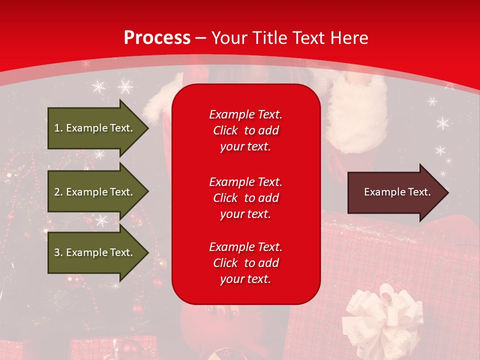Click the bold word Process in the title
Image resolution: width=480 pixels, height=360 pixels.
click(157, 38)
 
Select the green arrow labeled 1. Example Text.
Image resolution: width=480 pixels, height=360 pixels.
click(95, 128)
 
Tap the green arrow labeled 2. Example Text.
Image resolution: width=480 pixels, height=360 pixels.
click(95, 192)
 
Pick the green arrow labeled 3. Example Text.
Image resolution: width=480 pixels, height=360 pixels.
click(95, 252)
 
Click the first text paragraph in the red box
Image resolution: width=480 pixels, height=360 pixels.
click(245, 130)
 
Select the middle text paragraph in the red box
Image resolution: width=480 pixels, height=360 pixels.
click(245, 198)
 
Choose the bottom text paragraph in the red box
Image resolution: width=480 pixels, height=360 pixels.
click(245, 263)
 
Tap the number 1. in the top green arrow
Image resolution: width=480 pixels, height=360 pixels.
click(58, 128)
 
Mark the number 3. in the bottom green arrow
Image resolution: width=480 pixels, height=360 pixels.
click(58, 252)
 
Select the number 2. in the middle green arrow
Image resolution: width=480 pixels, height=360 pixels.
click(58, 192)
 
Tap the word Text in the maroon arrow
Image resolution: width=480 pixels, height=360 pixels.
click(419, 192)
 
